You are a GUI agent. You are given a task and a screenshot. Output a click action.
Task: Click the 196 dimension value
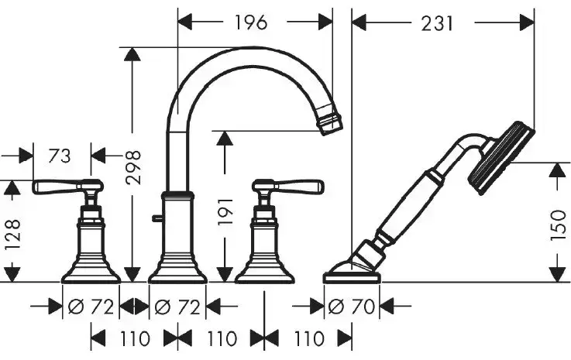(251, 22)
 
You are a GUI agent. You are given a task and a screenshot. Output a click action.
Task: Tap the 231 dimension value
(438, 24)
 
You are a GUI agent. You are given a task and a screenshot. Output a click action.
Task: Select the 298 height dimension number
(132, 167)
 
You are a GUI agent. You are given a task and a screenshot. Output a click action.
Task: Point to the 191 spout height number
(225, 212)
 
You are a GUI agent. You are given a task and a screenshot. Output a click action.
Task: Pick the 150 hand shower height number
(559, 225)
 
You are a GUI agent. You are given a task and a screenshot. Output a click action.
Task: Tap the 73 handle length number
(60, 156)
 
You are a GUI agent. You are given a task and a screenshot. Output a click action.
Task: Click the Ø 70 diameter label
(352, 307)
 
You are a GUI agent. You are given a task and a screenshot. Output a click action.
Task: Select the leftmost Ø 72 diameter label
(91, 307)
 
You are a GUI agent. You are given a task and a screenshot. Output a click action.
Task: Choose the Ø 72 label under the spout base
(177, 307)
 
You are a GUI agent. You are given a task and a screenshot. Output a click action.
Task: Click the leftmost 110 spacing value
(135, 339)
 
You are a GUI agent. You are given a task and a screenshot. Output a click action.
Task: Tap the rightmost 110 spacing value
(309, 339)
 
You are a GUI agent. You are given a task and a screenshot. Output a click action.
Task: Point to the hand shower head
(500, 158)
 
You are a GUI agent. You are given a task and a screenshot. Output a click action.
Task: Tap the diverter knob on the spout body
(157, 218)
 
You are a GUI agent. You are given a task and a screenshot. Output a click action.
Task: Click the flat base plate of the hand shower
(352, 278)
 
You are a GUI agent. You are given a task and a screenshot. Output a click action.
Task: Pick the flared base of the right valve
(264, 270)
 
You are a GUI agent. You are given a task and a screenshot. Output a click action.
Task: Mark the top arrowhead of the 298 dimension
(132, 55)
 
